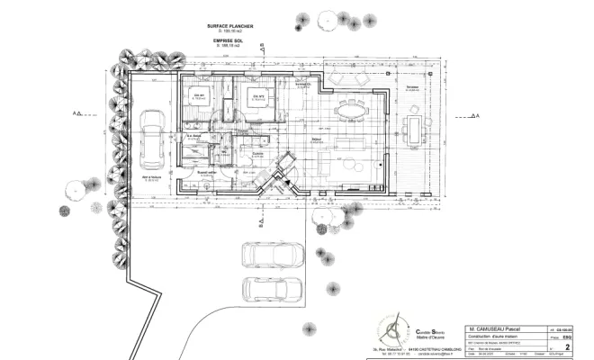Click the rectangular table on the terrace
point(413,129)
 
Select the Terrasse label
point(412,88)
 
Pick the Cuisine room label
point(257,154)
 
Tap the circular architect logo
point(392,328)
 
